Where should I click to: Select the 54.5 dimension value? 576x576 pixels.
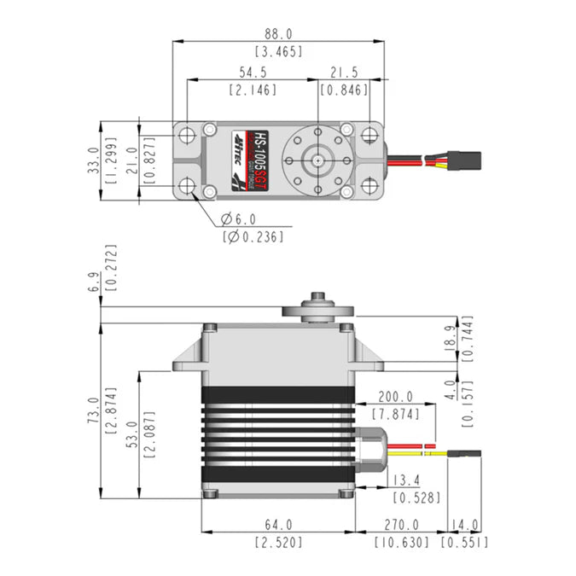coord(252,74)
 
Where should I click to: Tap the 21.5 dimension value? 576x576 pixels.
coord(344,74)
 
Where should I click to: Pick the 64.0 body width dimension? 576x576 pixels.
coord(277,525)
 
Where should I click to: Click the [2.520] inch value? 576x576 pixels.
coord(277,541)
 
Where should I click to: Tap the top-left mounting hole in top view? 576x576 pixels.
coord(187,134)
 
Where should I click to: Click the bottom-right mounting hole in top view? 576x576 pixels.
coord(367,185)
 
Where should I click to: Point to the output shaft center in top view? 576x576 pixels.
coord(317,160)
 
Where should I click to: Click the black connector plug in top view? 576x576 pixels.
coord(468,160)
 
